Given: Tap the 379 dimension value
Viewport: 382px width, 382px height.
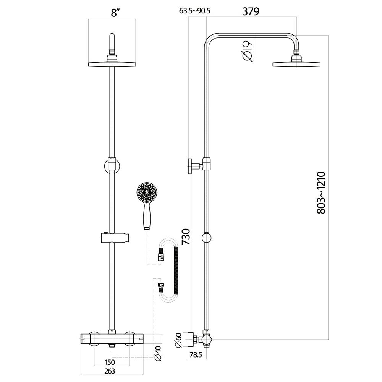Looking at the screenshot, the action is (x=251, y=11).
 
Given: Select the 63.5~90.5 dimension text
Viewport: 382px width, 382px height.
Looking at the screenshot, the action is (x=195, y=11).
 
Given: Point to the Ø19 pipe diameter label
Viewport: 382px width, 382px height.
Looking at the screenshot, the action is (x=247, y=51).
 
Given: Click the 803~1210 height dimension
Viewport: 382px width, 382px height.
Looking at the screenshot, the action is (x=321, y=193).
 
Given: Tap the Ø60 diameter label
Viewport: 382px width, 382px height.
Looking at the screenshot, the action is (x=178, y=340).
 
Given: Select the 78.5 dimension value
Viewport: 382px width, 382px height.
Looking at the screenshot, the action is (x=196, y=354).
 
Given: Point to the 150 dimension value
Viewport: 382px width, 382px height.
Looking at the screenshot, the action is (x=110, y=362).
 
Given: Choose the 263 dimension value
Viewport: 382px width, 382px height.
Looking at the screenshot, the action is (x=110, y=371).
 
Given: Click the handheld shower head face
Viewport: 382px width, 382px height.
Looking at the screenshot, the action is (x=146, y=193).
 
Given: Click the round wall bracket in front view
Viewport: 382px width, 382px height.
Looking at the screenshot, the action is (x=112, y=165).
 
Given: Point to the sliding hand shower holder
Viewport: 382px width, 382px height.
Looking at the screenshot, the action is (x=114, y=238).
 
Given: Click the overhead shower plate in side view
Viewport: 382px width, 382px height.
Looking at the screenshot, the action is (x=296, y=64).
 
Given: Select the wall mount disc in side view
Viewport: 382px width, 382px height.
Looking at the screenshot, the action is (x=190, y=167).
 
